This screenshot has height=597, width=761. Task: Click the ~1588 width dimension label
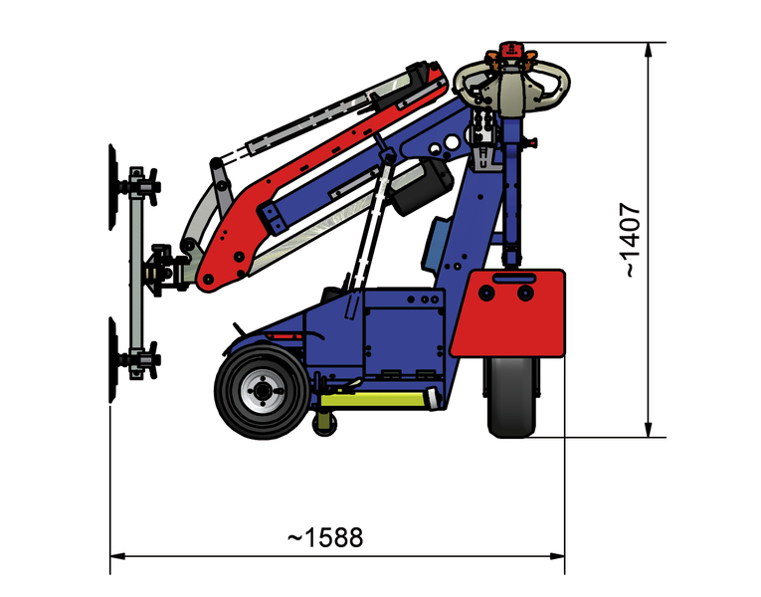325,537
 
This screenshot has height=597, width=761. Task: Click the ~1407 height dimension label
632,240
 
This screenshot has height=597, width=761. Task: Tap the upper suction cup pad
112,187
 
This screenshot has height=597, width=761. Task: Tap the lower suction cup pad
112,360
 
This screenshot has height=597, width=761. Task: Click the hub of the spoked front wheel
263,390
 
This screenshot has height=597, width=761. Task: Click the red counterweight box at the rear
507,313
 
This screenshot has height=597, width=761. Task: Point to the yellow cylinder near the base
375,399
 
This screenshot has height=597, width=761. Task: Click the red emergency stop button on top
511,49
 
